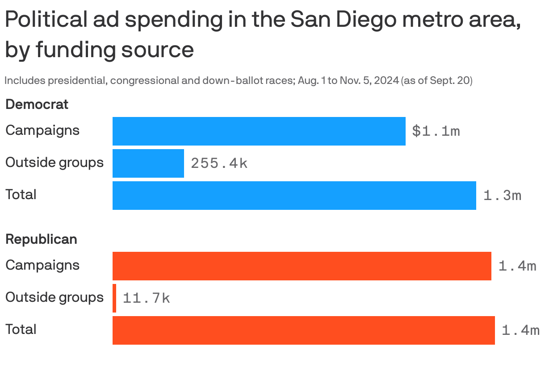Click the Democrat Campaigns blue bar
tap(259, 131)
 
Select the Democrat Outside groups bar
tap(148, 163)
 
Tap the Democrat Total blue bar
tap(294, 196)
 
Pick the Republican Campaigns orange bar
tap(302, 266)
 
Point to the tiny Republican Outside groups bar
tap(114, 298)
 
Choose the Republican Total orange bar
tap(303, 330)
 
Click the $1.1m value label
tap(436, 131)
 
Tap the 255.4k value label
tap(219, 163)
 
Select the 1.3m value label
tap(502, 196)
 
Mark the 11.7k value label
tap(146, 298)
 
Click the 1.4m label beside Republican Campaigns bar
tap(517, 266)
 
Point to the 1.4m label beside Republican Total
tap(520, 330)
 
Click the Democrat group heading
tap(37, 104)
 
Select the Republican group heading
tap(41, 239)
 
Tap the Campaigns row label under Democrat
tap(42, 130)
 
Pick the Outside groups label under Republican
tap(54, 297)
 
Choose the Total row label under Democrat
tap(21, 195)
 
